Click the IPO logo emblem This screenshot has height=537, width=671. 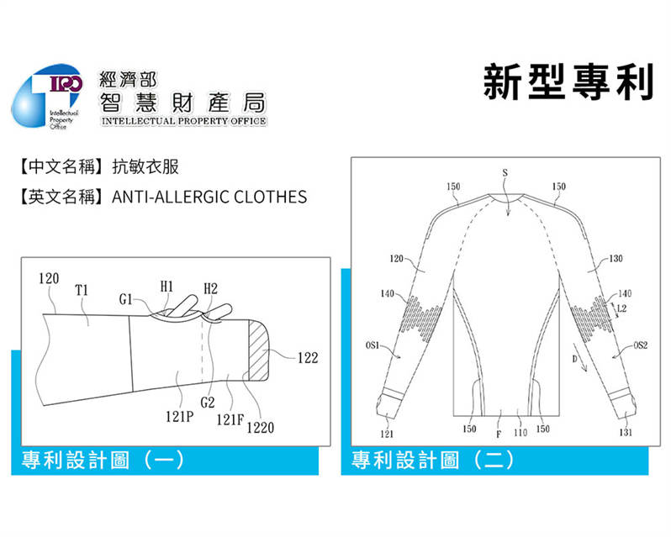click(46, 96)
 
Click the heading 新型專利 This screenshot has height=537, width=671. click(568, 82)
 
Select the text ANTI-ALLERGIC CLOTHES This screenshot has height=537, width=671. click(209, 197)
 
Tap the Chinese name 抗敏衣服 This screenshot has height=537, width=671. click(145, 166)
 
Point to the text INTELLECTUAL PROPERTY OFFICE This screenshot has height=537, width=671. click(184, 121)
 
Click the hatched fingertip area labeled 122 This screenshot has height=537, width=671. click(259, 350)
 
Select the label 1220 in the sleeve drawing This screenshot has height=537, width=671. click(260, 428)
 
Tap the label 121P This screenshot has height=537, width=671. click(180, 416)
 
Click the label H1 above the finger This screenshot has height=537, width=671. click(166, 287)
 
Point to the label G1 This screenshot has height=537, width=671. click(125, 299)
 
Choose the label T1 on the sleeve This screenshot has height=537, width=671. click(82, 290)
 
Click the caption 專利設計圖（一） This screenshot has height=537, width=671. click(103, 461)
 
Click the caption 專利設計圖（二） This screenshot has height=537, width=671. click(433, 461)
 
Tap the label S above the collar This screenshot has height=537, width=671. click(505, 173)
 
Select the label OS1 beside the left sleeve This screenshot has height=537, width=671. click(372, 345)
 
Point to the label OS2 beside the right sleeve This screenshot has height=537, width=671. click(641, 345)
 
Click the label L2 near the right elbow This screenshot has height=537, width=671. click(621, 308)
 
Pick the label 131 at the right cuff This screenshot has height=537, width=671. click(626, 432)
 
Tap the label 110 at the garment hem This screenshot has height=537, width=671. click(520, 433)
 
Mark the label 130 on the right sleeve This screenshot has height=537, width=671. click(616, 258)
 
